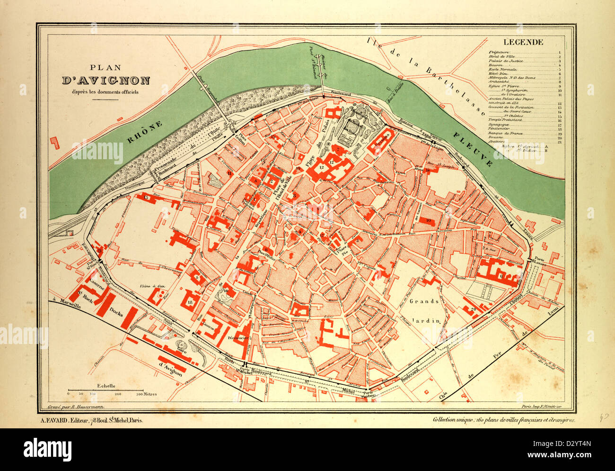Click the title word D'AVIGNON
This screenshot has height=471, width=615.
coord(105,81)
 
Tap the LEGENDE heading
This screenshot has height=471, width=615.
coord(523,42)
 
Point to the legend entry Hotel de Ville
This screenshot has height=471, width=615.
coord(501,56)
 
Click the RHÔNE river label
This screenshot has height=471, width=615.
coord(145,132)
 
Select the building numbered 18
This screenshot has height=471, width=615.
coord(190,302)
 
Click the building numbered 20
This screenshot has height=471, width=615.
coord(473,310)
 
